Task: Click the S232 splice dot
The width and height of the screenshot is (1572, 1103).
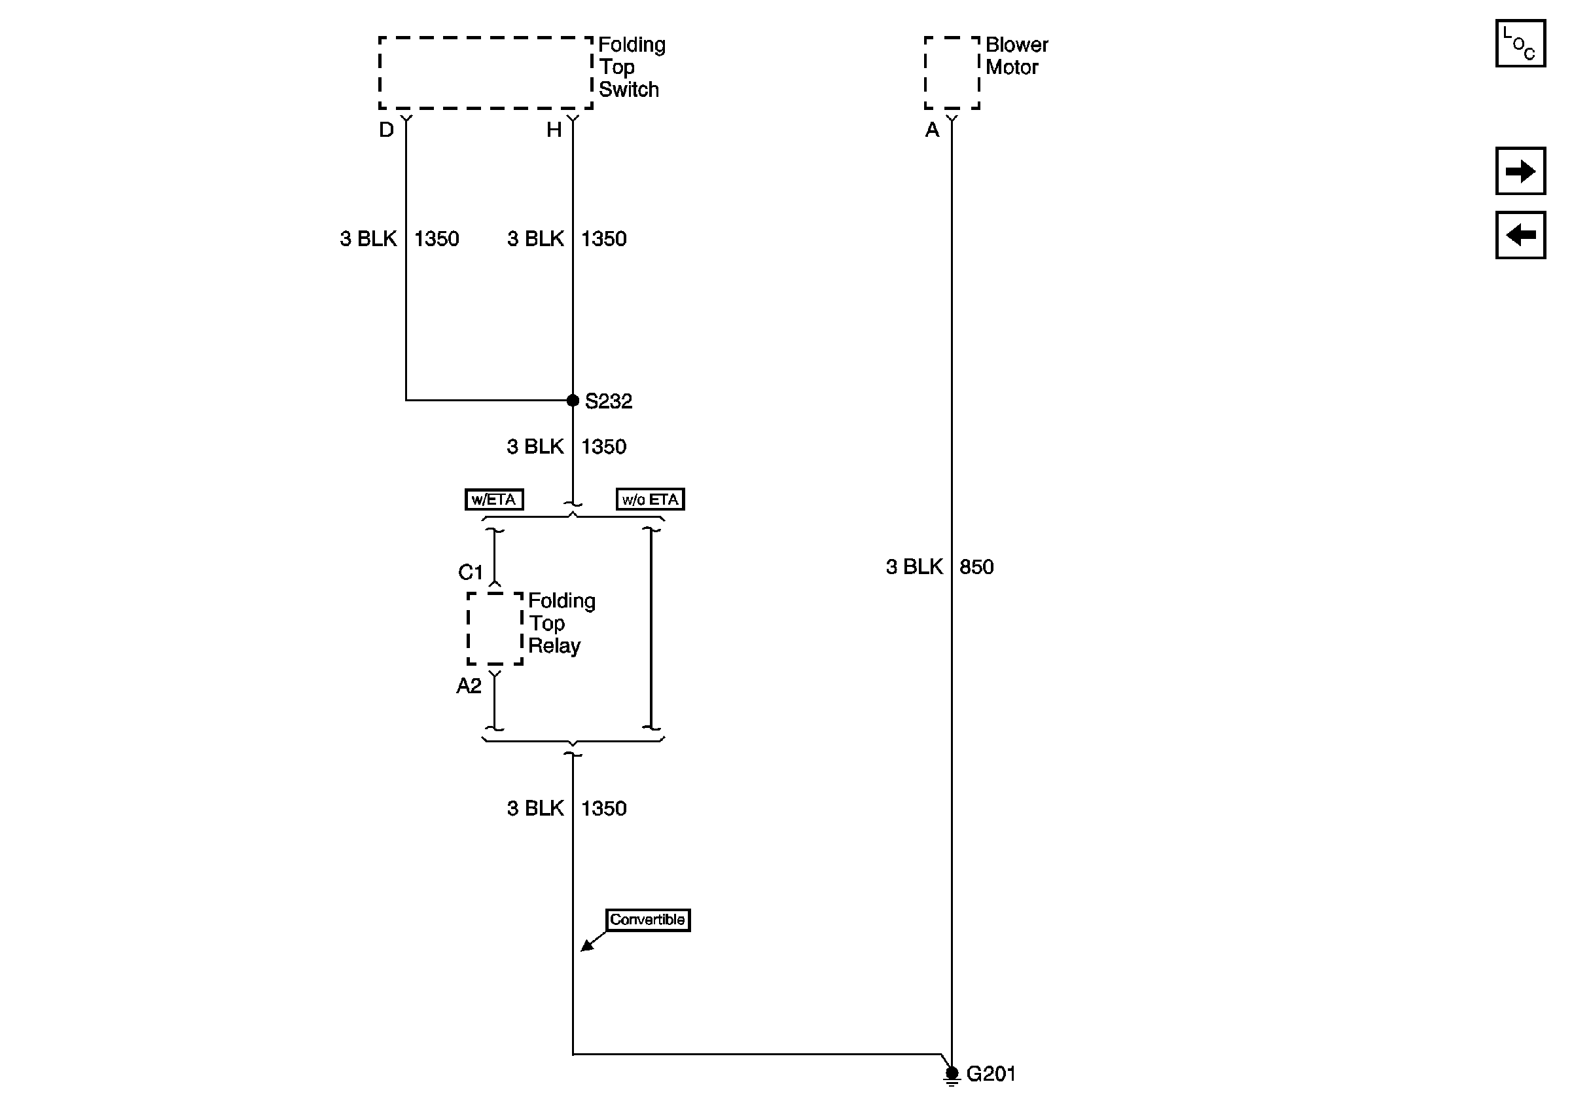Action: (x=573, y=401)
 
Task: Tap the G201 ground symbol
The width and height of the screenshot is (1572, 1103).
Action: (x=952, y=1074)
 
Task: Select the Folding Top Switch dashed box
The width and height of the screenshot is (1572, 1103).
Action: (x=486, y=73)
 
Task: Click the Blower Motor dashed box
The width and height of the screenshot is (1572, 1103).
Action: (x=952, y=73)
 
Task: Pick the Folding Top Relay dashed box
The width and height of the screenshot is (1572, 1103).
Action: (x=494, y=628)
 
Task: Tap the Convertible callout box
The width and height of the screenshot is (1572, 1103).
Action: (x=647, y=920)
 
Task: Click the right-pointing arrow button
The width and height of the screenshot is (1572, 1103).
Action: (x=1520, y=171)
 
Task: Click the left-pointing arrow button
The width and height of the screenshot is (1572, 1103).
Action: (x=1520, y=235)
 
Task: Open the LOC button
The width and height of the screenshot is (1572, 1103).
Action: (x=1520, y=44)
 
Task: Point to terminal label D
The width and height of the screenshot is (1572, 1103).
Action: (x=386, y=130)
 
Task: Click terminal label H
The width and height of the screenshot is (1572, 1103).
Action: (x=553, y=130)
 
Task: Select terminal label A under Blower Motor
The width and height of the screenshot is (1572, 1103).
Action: (x=932, y=130)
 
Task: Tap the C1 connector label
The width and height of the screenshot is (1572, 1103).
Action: (x=471, y=571)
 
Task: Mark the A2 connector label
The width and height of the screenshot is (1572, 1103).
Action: (x=469, y=685)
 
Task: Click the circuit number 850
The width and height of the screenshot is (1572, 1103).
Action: (x=976, y=567)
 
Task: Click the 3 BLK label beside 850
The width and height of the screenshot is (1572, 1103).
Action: (x=914, y=567)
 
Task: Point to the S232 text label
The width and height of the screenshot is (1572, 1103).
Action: (x=608, y=401)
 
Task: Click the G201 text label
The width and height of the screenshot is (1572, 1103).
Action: (x=991, y=1074)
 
